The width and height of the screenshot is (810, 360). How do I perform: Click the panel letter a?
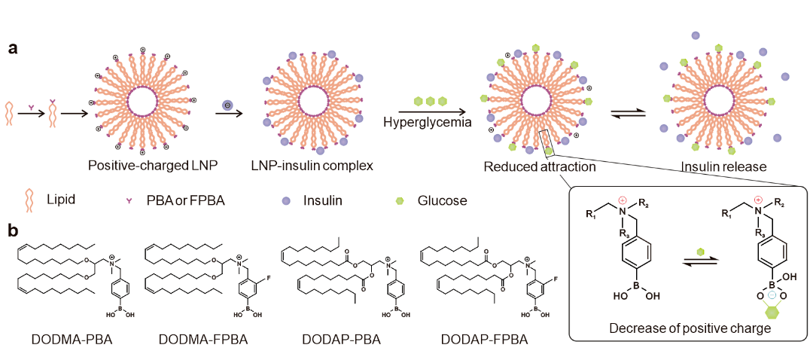[x=13, y=48]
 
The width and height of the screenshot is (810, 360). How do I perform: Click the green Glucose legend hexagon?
[x=400, y=201]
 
